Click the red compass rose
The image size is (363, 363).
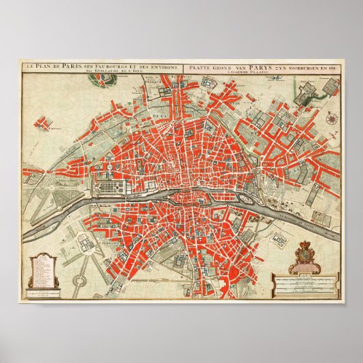(x=332, y=118)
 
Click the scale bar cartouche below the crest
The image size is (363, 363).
(x=306, y=279)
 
